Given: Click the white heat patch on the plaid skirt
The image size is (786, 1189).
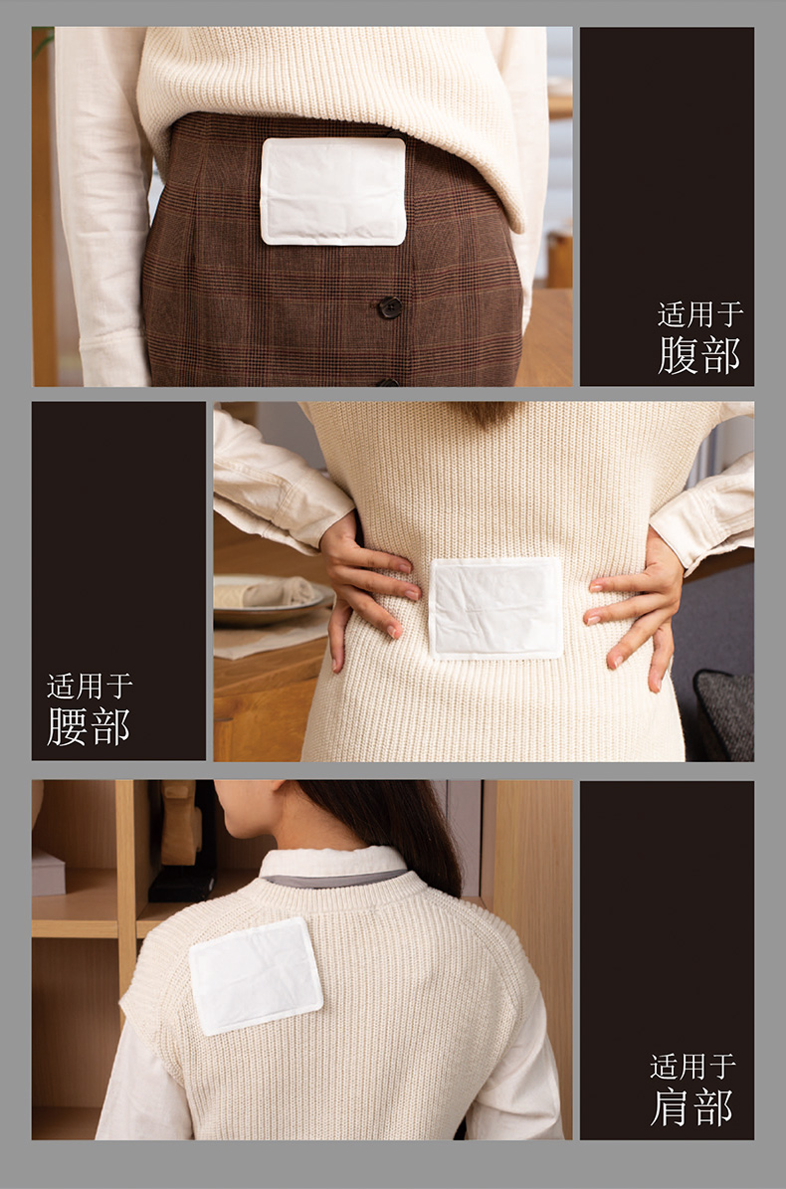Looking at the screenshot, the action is [332, 191].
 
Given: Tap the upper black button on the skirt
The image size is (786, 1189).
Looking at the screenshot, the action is [390, 307].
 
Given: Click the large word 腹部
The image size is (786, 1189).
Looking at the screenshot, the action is [698, 355].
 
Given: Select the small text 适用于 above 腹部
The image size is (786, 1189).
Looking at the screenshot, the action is [700, 314].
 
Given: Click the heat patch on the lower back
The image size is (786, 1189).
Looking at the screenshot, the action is [495, 608].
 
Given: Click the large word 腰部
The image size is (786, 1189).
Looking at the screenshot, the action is [88, 726].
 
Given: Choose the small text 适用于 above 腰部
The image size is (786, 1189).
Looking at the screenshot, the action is [90, 687].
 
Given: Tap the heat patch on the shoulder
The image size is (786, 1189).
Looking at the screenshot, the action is [256, 976].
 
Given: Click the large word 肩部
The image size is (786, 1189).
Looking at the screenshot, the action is [691, 1107].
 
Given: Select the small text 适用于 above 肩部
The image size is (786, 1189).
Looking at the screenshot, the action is [692, 1067].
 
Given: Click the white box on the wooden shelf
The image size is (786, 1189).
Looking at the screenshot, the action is [48, 872].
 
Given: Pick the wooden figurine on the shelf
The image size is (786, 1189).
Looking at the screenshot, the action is [180, 823].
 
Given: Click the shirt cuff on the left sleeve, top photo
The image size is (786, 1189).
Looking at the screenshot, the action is [113, 362].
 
